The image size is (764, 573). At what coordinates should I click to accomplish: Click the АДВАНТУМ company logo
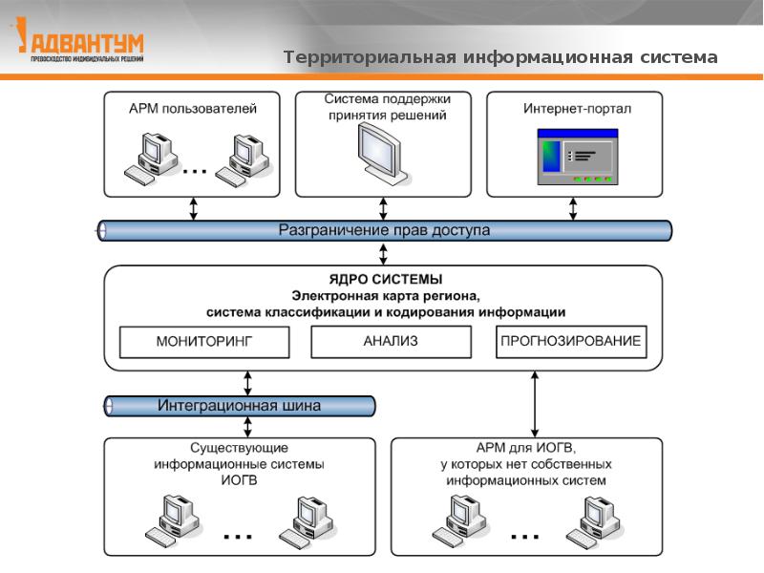point(82,44)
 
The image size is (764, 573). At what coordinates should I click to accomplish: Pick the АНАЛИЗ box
point(391,342)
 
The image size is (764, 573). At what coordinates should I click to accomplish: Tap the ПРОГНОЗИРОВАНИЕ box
point(570,342)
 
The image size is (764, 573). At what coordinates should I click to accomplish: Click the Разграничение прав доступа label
point(384,230)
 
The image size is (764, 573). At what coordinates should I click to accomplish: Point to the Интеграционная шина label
point(239,406)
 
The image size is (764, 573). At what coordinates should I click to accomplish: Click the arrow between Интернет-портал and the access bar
point(573,209)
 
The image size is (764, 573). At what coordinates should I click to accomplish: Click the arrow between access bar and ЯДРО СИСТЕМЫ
point(384,253)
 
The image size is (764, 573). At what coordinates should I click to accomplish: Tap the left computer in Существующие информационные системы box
point(172,520)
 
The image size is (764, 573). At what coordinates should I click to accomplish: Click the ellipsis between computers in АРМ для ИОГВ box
point(524,535)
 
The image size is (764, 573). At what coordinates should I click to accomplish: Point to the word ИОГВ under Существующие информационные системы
point(239,480)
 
